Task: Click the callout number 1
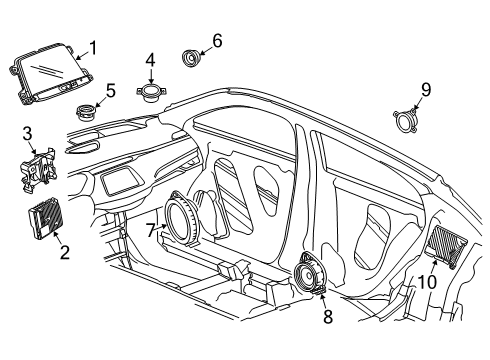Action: pyautogui.click(x=93, y=47)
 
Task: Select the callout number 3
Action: pyautogui.click(x=28, y=132)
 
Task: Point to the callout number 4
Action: pyautogui.click(x=150, y=59)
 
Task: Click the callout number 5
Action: pyautogui.click(x=110, y=90)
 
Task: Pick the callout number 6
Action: pyautogui.click(x=216, y=41)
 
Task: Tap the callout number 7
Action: pyautogui.click(x=152, y=231)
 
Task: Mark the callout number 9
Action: pyautogui.click(x=425, y=90)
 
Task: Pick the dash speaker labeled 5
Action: pyautogui.click(x=87, y=110)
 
